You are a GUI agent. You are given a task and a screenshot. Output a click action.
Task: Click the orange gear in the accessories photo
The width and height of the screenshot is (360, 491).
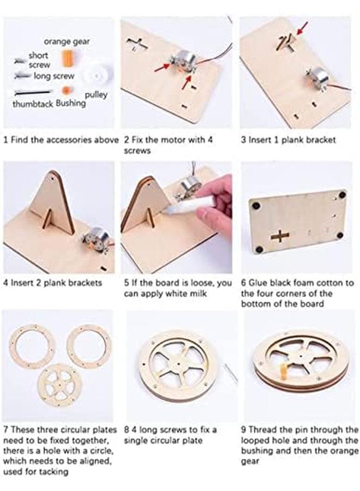tap(68, 57)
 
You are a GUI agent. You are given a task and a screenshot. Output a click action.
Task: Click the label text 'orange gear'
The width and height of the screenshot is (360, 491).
tap(67, 41)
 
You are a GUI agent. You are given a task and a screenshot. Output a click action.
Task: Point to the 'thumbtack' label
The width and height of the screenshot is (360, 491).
tap(33, 104)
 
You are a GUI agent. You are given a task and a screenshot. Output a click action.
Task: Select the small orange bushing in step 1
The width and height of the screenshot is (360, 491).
tap(67, 90)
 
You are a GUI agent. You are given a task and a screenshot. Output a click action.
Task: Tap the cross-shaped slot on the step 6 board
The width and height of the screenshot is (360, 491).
tap(280, 236)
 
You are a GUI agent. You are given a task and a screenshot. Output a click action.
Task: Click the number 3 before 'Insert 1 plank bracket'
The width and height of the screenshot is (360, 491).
tap(244, 140)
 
